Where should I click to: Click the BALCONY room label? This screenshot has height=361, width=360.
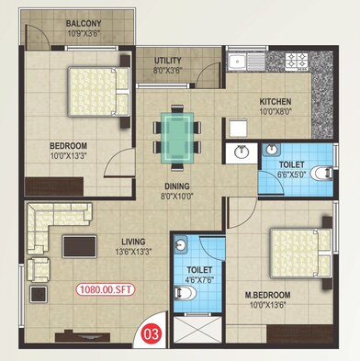[84, 23]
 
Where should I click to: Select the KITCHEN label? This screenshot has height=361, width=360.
[275, 101]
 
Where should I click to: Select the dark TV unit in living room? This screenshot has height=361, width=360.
[80, 245]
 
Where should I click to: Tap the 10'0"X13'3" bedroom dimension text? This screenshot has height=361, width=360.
[68, 157]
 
